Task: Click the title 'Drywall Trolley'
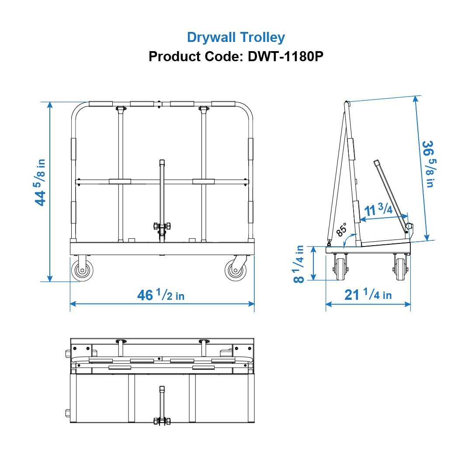(x=236, y=37)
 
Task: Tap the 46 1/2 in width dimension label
(x=161, y=295)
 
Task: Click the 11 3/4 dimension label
(x=378, y=210)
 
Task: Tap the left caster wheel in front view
(x=82, y=271)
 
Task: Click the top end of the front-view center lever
(x=162, y=162)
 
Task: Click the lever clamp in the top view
(x=161, y=421)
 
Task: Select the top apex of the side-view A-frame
(x=347, y=103)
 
